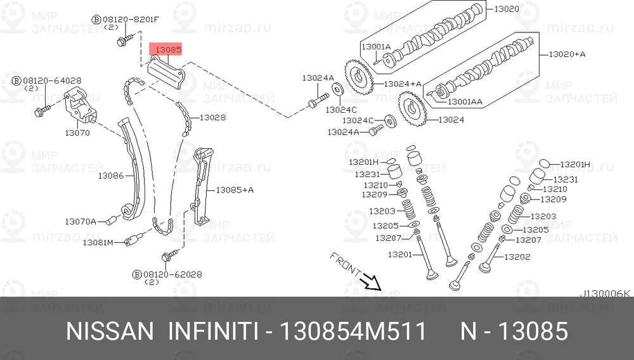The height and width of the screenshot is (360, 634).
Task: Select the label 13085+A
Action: point(235,190)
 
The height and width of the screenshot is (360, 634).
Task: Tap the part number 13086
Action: point(110,175)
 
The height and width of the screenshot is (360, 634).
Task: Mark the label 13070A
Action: point(81,221)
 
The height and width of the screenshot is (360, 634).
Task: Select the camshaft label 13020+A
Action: point(567,55)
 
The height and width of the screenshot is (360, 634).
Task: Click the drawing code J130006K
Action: point(605,293)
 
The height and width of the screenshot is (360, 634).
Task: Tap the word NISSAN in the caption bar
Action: point(110,331)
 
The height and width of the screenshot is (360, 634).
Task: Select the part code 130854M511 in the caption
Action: point(353,331)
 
